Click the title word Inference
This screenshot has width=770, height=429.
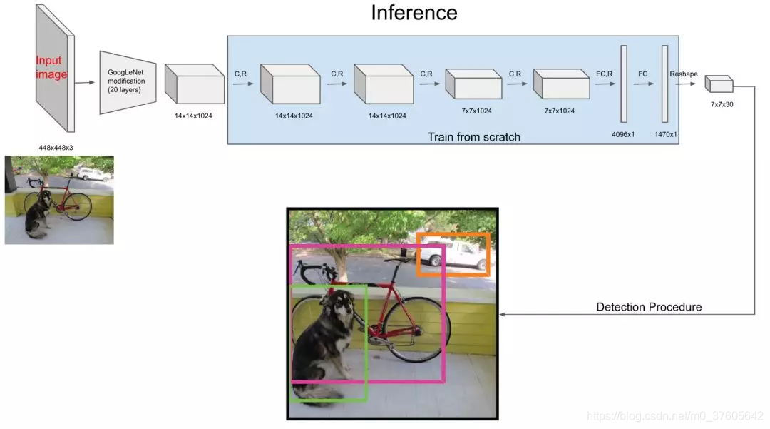click(x=414, y=13)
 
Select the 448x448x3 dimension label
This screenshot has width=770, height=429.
click(x=56, y=148)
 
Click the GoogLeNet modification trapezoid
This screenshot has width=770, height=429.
click(x=127, y=82)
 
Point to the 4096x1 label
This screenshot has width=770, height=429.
click(x=623, y=133)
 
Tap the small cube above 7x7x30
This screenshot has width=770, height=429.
click(x=719, y=84)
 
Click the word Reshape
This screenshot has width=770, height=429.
click(x=684, y=74)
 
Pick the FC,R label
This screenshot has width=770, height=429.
click(x=604, y=74)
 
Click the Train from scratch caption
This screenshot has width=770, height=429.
click(x=474, y=136)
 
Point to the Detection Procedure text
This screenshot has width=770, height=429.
click(x=649, y=307)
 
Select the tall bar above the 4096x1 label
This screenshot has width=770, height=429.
click(x=623, y=84)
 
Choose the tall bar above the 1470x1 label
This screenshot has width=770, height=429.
click(x=664, y=84)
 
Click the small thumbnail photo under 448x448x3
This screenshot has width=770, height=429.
click(x=59, y=200)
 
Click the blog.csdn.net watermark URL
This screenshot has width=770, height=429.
click(x=674, y=415)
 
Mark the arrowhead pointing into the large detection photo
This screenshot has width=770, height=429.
click(x=503, y=314)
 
